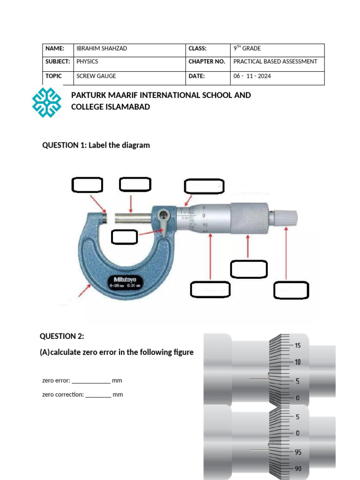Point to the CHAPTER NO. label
pos(207,61)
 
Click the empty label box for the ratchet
pos(291,290)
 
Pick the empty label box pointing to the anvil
pos(87,185)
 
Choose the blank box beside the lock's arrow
pos(124,237)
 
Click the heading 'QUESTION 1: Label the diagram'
pos(96,145)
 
